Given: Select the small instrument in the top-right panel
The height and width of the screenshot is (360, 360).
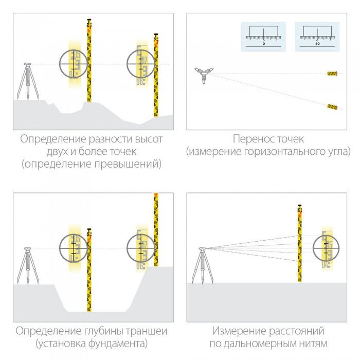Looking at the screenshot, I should click(x=202, y=75).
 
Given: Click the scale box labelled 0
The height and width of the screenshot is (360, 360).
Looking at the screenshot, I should click(x=263, y=37).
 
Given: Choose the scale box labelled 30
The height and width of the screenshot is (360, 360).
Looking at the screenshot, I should click(x=317, y=37).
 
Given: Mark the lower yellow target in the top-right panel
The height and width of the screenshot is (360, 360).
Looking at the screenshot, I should click(x=333, y=106).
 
